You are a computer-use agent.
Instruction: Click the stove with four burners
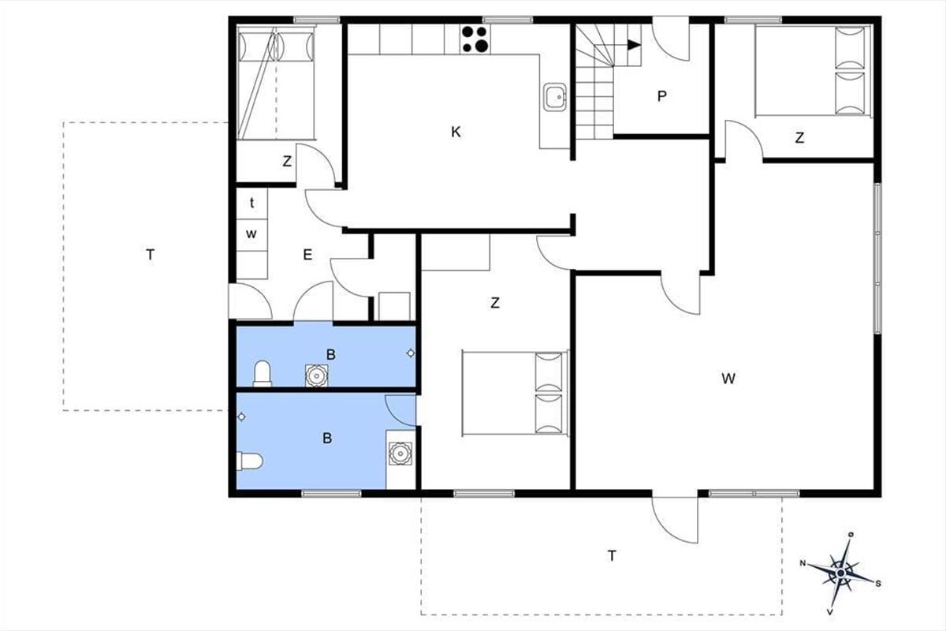[x=475, y=39]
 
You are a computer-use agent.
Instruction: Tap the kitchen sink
[x=554, y=97]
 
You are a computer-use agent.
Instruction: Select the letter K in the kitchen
[x=456, y=133]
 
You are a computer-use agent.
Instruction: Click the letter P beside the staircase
[x=661, y=96]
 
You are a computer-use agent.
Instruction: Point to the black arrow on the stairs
[x=635, y=45]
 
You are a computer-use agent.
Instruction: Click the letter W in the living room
[x=728, y=379]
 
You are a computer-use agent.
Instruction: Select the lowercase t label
[x=252, y=203]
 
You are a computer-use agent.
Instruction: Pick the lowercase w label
[x=251, y=233]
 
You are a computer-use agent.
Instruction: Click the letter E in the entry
[x=307, y=255]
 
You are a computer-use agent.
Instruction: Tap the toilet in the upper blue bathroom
[x=263, y=374]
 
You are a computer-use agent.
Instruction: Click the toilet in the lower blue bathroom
[x=250, y=461]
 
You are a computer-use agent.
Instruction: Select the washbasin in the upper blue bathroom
[x=316, y=375]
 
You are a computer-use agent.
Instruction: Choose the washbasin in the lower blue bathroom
[x=400, y=454]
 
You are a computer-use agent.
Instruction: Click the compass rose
[x=840, y=573]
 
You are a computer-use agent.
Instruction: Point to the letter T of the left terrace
[x=150, y=255]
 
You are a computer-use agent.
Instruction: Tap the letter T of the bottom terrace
[x=612, y=555]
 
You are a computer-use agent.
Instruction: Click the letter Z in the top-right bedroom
[x=799, y=138]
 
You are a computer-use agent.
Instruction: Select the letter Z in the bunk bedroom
[x=287, y=161]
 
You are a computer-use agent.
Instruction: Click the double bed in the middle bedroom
[x=516, y=393]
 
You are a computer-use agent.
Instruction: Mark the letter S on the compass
[x=878, y=584]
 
